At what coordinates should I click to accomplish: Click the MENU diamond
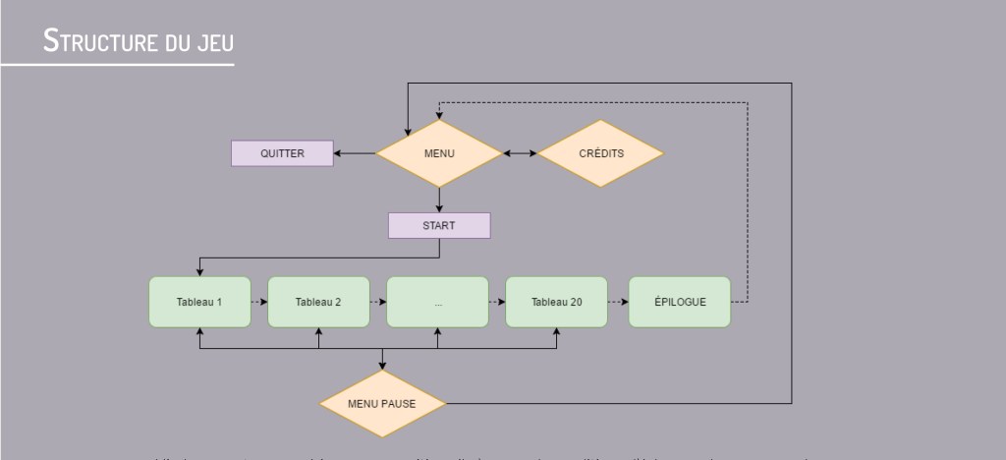(439, 153)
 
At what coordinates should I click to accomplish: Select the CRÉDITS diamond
(600, 153)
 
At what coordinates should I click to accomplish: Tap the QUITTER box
(282, 153)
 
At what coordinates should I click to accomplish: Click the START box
(439, 225)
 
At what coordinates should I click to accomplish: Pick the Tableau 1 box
(199, 302)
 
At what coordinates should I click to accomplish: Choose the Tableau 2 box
(318, 302)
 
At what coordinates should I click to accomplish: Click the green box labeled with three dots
(437, 302)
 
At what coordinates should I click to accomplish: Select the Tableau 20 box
(556, 302)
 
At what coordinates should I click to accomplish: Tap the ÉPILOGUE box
(680, 302)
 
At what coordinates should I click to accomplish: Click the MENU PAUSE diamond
(383, 403)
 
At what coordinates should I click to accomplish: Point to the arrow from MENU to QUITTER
(355, 153)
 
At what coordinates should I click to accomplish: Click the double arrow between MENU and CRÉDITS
(520, 153)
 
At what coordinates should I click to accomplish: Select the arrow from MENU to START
(439, 200)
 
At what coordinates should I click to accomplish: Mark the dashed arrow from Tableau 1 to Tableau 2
(258, 302)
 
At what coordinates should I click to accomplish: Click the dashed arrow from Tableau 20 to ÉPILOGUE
(618, 302)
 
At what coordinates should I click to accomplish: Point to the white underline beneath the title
(117, 65)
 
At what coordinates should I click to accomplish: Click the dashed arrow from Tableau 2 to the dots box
(377, 302)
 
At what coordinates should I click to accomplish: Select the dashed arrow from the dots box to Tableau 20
(496, 302)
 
